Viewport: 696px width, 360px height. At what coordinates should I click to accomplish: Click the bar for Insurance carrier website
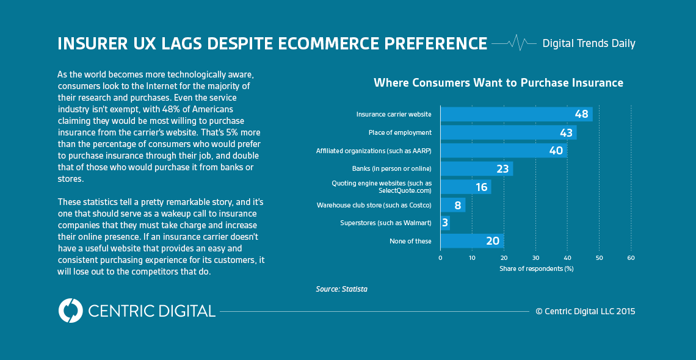tap(516, 114)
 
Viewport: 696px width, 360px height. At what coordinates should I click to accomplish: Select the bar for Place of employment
tap(508, 132)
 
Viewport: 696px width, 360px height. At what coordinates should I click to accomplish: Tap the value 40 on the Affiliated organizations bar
tap(556, 151)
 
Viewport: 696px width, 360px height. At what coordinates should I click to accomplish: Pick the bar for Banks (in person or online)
tap(476, 168)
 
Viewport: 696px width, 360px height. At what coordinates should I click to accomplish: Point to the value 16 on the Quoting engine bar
tap(482, 187)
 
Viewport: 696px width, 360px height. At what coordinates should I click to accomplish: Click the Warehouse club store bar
tap(452, 205)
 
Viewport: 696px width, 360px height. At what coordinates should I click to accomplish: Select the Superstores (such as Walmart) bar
tap(445, 223)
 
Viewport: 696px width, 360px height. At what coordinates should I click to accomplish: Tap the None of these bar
tap(471, 241)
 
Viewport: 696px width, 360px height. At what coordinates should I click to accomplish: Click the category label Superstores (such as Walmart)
tap(385, 223)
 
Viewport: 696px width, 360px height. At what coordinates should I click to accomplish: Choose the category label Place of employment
tap(400, 132)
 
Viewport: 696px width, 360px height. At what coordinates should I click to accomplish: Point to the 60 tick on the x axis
tap(631, 258)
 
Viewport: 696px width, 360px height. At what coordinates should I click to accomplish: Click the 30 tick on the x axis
tap(535, 258)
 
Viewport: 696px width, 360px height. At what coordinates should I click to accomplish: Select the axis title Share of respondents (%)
tap(536, 268)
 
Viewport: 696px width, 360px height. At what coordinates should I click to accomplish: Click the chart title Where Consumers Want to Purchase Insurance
tap(498, 82)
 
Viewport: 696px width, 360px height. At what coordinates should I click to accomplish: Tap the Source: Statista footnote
tap(341, 289)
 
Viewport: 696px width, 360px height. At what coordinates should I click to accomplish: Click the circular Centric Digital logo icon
tap(70, 311)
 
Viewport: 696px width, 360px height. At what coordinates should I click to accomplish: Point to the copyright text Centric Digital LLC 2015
tap(585, 311)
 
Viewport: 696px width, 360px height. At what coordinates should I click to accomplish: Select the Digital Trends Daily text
tap(589, 43)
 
